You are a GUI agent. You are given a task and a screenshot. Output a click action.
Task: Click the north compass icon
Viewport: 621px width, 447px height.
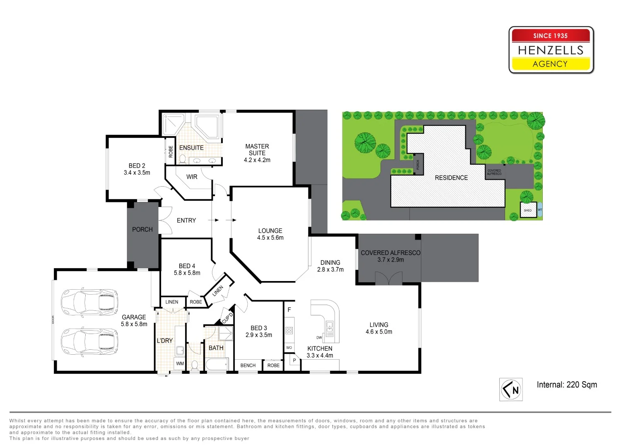[511, 389]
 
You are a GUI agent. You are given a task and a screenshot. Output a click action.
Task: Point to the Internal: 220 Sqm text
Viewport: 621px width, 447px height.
[567, 385]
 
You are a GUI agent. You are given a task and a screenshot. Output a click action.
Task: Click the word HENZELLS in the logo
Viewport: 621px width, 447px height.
[551, 50]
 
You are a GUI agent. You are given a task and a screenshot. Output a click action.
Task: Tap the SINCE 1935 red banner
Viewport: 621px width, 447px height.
[551, 36]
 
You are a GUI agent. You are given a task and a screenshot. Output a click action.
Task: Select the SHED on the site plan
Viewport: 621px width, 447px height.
[528, 210]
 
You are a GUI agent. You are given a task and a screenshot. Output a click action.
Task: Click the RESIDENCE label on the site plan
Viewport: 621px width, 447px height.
[451, 178]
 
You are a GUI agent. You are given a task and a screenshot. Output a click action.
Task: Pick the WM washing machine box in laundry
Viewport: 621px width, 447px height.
[180, 364]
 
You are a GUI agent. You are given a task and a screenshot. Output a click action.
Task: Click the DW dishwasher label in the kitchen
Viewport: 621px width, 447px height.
[319, 338]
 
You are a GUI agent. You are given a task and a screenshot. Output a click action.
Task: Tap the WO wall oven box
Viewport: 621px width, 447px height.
[289, 348]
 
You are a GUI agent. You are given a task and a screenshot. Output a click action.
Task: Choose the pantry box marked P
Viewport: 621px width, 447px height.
[294, 361]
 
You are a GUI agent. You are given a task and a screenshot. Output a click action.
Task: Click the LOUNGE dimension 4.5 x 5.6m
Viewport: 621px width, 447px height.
[270, 238]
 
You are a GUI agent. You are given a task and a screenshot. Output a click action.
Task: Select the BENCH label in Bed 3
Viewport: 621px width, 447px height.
[248, 365]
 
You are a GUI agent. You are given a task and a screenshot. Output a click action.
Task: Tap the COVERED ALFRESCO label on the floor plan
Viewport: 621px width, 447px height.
[390, 252]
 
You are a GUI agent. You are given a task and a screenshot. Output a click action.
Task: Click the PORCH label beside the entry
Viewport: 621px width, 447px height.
[142, 229]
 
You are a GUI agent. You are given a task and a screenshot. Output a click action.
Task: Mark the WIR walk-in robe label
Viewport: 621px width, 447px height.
[192, 177]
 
